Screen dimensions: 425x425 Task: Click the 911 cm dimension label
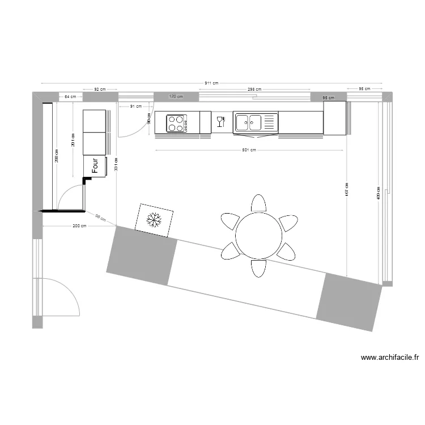pos(212,83)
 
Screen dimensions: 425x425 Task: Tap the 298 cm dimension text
pos(254,89)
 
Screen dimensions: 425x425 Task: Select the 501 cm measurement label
pos(249,150)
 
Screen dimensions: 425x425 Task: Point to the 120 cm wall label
pos(177,97)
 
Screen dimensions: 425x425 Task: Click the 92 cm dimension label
pos(100,89)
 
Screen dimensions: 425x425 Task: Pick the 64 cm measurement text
pos(70,97)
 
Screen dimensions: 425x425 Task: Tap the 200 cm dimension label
pos(79,226)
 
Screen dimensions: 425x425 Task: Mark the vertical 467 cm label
pos(347,191)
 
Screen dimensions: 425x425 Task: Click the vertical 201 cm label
pos(73,139)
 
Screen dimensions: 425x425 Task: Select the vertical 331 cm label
pos(116,164)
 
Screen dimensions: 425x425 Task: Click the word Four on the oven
pos(96,165)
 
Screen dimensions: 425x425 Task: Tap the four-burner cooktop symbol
pos(177,123)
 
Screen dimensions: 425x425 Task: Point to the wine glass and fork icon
pos(221,121)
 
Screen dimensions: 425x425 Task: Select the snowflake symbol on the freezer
pos(153,219)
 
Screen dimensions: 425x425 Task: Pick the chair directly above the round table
pos(258,203)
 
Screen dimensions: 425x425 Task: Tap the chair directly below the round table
pos(258,268)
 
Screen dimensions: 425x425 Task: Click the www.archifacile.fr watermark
pos(389,358)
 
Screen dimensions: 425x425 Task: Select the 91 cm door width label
pos(135,106)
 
